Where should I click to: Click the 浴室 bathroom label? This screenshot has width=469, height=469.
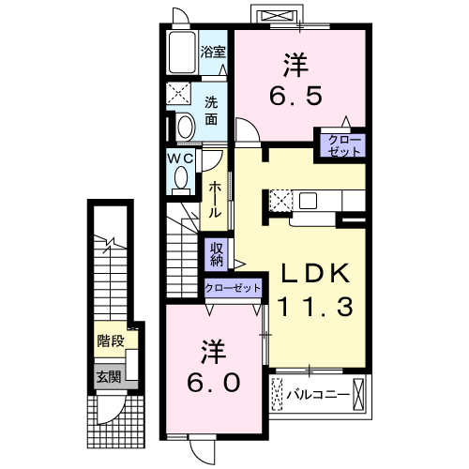click(213, 52)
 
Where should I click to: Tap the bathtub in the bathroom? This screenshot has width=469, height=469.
click(183, 53)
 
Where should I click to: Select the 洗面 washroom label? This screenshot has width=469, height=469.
click(211, 111)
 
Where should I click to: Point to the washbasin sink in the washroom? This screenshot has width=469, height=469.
click(186, 127)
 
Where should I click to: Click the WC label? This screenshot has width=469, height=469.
click(180, 159)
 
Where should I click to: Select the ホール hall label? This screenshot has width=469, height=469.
click(215, 200)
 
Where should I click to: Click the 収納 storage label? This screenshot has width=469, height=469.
click(217, 254)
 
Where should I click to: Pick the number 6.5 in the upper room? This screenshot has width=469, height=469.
click(295, 96)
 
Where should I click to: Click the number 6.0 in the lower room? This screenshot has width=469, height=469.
click(214, 383)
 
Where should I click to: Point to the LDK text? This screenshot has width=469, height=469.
click(315, 273)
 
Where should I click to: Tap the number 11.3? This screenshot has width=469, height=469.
click(315, 307)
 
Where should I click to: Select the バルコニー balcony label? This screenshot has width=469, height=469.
click(318, 395)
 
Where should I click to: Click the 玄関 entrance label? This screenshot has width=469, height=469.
click(109, 377)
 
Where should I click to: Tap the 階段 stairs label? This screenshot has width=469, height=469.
click(111, 340)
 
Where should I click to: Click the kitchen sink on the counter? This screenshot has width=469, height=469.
click(308, 201)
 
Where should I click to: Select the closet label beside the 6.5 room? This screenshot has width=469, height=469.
click(344, 145)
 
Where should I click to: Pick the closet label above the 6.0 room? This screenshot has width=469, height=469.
click(233, 288)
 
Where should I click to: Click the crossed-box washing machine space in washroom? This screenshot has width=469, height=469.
click(178, 94)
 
